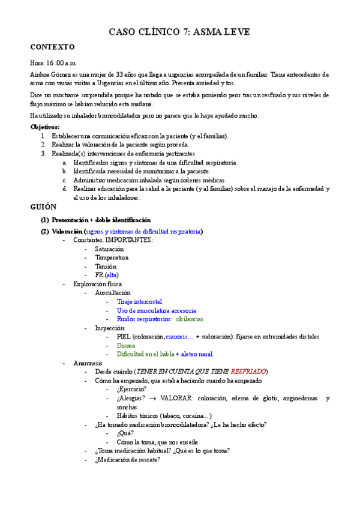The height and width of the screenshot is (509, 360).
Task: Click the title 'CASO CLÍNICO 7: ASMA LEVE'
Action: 179,32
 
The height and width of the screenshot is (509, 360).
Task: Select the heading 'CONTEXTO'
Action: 52,47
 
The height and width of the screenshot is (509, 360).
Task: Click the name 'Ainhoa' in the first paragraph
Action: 40,74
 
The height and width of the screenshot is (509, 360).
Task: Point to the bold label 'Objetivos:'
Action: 45,127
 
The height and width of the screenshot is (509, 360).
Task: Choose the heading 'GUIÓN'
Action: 43,206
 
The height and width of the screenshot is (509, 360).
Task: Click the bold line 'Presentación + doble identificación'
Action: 101,220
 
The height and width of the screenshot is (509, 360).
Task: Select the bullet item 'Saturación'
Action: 109,248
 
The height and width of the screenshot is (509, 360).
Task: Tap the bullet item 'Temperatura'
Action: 112,258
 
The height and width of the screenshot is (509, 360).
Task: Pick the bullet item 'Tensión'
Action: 106,266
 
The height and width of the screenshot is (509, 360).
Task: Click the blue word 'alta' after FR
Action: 112,275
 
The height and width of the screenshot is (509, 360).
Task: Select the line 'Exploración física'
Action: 97,283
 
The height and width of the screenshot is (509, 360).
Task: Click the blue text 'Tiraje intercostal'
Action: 139,301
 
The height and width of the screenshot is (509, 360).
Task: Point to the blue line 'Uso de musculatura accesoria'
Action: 156,310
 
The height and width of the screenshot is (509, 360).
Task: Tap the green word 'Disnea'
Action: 126,346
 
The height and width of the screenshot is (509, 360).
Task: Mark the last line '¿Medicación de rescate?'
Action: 127,460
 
